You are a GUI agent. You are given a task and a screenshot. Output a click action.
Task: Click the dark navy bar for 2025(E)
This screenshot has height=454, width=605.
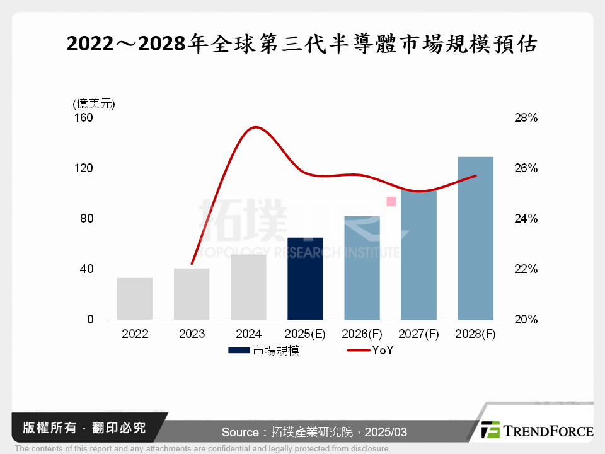pos(305,279)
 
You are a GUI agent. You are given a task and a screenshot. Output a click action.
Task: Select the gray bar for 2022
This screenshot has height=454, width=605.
pos(135,299)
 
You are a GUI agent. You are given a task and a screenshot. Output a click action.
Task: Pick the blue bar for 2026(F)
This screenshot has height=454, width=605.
pos(362,268)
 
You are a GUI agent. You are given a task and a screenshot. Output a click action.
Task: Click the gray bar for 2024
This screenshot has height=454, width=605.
pos(248,287)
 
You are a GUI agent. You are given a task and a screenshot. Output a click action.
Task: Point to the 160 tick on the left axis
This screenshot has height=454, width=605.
pos(84,118)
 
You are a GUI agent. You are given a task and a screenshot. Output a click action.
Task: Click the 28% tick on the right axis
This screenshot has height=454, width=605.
pos(525,118)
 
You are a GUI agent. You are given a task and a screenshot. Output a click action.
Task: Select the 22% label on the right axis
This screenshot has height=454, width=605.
pos(525,269)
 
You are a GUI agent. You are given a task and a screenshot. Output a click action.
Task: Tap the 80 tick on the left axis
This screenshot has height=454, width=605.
pos(86,219)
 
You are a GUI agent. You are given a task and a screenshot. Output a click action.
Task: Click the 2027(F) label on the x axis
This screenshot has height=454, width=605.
pos(418,334)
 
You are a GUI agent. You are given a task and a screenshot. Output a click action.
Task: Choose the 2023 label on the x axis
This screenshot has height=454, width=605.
pos(192,334)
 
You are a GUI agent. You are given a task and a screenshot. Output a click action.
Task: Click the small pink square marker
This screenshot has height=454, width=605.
pos(391,201)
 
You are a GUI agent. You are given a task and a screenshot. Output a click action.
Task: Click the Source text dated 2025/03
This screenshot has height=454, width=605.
pos(314,432)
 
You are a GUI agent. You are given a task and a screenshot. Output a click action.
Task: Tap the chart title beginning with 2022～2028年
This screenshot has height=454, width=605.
pos(302,44)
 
